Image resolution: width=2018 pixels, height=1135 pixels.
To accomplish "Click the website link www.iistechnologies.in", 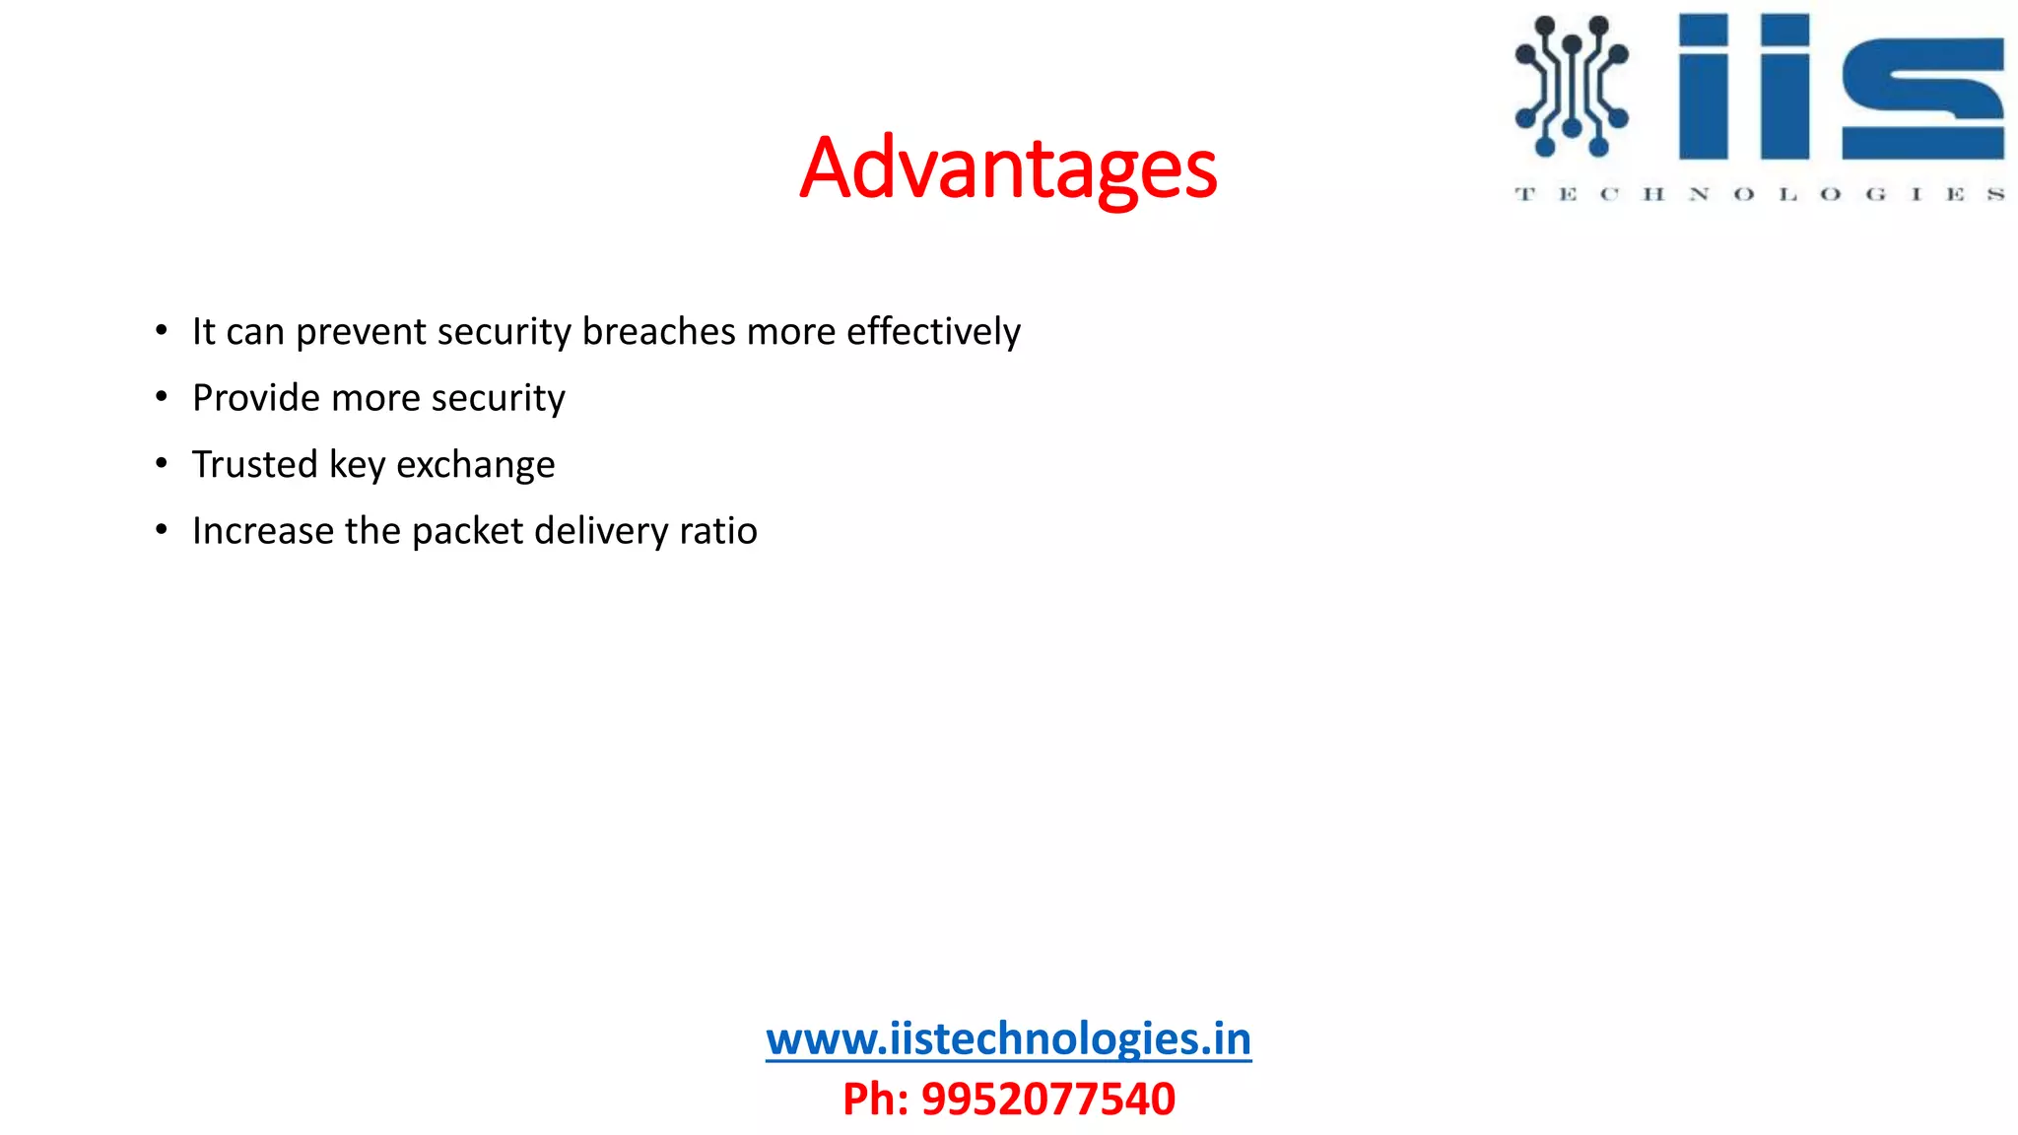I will pos(1008,1038).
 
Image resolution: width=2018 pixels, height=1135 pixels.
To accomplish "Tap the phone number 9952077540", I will pos(1047,1099).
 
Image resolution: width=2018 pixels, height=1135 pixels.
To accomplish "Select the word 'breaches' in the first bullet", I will pos(658,331).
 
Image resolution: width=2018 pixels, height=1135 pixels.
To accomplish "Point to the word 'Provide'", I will pos(256,398).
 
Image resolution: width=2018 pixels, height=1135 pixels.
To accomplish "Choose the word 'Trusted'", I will pos(254,464).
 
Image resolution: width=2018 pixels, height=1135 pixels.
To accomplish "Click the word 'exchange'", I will pos(475,465).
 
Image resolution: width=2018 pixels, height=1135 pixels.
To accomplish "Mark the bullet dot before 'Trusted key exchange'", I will pos(162,464).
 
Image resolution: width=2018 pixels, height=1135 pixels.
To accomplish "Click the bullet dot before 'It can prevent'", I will pos(162,331).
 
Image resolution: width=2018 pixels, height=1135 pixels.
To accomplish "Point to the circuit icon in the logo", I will pos(1572,87).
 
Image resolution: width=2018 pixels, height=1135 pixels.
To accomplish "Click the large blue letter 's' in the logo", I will pos(1922,99).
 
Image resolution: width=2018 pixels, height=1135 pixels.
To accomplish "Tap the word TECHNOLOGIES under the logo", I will pos(1759,194).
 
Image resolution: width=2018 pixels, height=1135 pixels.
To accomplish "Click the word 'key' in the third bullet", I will pos(357,465).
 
